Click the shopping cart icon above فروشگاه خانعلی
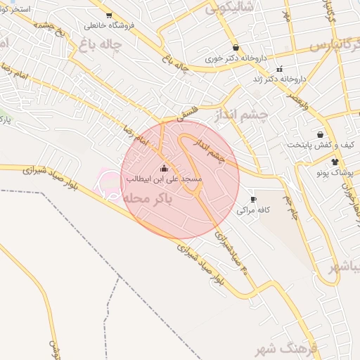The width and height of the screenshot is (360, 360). pyautogui.click(x=108, y=15)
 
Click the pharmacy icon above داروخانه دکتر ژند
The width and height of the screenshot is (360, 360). pyautogui.click(x=280, y=69)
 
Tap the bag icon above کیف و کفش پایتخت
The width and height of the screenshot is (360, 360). pyautogui.click(x=321, y=134)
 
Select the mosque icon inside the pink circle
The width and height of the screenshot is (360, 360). pyautogui.click(x=165, y=168)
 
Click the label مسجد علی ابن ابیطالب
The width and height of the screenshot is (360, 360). pyautogui.click(x=165, y=180)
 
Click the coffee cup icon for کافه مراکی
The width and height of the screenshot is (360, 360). pyautogui.click(x=253, y=200)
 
